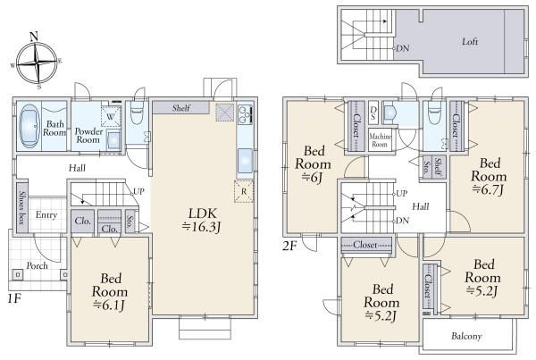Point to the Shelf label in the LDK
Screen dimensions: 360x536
click(x=180, y=107)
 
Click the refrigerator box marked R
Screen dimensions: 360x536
click(x=243, y=190)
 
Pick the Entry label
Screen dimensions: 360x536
click(x=46, y=214)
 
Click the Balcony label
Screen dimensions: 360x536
click(x=465, y=336)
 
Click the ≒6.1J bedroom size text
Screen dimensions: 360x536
click(x=110, y=305)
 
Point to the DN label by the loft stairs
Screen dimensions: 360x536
click(x=403, y=47)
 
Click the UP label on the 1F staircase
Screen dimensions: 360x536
click(x=138, y=191)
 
